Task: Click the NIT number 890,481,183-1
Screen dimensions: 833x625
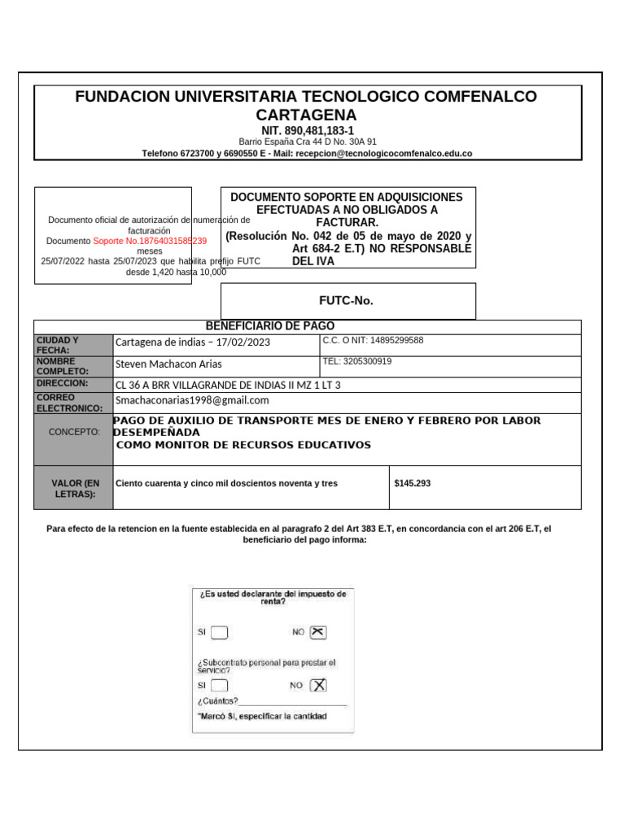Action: point(308,130)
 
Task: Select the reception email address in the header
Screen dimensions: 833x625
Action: point(383,153)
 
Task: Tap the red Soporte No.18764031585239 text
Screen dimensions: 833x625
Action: point(150,241)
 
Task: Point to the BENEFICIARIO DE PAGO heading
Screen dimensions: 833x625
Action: point(269,326)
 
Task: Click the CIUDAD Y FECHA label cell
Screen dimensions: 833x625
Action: point(73,345)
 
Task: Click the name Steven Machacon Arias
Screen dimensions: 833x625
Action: point(168,364)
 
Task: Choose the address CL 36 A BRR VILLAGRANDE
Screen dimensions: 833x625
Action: point(228,385)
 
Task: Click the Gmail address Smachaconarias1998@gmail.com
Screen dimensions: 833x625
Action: point(192,400)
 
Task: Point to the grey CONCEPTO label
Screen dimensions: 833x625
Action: point(75,432)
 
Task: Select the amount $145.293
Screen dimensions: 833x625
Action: point(412,483)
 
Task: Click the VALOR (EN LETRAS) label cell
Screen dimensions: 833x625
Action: point(75,488)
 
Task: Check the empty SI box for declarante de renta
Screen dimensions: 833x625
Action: point(220,633)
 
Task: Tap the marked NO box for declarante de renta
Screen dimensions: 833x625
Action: point(318,632)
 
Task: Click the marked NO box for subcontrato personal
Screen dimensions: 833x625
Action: point(318,686)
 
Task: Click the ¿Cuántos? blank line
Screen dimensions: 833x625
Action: point(293,701)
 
